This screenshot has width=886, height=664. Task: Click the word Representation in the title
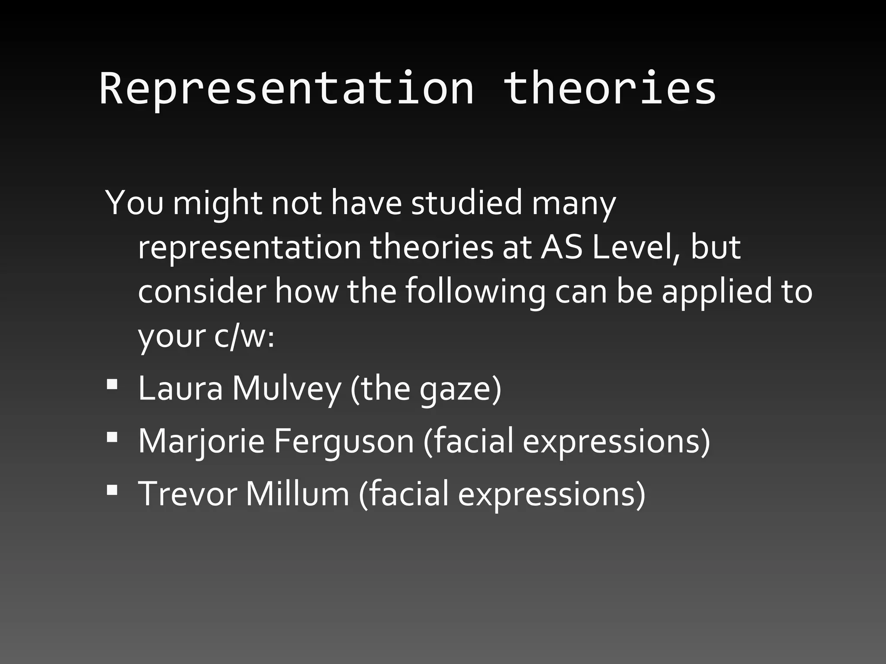[287, 89]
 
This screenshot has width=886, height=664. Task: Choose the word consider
[202, 291]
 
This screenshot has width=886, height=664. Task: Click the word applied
[716, 292]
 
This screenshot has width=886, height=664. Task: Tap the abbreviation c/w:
[244, 336]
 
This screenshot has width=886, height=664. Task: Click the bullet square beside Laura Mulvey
[112, 384]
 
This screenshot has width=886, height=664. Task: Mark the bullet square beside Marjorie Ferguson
[112, 437]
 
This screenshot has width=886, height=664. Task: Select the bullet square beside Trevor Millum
[112, 489]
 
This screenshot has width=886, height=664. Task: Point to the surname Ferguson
[343, 441]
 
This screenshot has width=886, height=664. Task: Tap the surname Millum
[297, 494]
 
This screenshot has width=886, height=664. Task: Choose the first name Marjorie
[201, 441]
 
